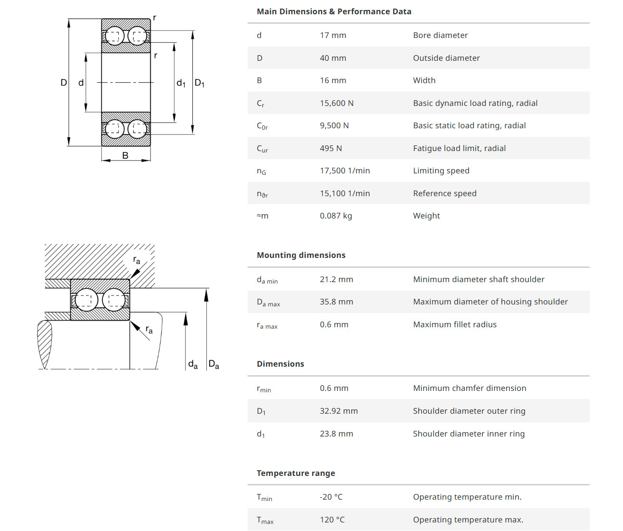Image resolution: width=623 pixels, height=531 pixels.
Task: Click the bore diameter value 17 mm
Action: coord(333,35)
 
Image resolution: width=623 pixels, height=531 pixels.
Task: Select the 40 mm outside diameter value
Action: coord(333,58)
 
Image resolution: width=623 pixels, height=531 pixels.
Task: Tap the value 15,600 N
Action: coord(336,103)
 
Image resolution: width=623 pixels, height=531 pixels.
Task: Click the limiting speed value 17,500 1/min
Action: coord(345,171)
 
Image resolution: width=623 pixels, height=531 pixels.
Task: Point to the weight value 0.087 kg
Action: coord(335,216)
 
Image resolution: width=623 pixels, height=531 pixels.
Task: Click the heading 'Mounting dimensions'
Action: coord(301,255)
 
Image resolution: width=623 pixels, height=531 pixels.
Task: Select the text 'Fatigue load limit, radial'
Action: coord(459,148)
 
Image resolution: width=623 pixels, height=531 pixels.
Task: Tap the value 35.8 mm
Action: coord(336,302)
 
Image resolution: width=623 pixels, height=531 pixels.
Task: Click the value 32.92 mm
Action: coord(338,411)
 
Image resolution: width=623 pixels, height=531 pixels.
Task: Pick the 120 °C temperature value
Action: coord(332,520)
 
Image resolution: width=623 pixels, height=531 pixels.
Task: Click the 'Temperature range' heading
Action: coord(296,473)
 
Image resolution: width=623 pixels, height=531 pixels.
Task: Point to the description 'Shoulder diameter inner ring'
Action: coord(469,434)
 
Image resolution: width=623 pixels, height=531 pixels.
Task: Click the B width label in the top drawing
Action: coord(125,155)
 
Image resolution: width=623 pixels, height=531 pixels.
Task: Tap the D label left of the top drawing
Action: coord(64,83)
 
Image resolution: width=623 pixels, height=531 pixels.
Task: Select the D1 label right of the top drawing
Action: coord(200,83)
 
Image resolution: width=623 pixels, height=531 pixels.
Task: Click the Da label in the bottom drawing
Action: coord(214,364)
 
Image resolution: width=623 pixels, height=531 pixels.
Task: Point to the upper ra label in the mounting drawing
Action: coord(137,260)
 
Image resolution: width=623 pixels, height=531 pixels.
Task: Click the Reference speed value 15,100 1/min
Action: coord(345,193)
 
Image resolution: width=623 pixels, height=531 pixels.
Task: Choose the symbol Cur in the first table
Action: coord(262,149)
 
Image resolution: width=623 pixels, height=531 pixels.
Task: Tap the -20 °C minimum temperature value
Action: coord(331,497)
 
